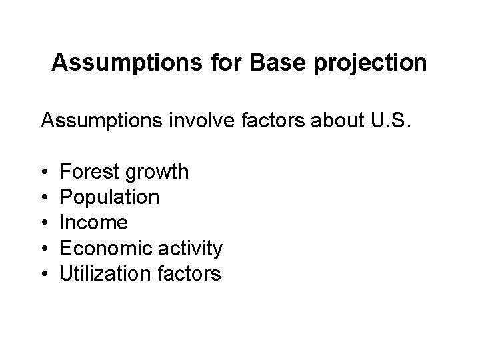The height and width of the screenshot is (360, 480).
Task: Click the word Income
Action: click(x=93, y=223)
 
